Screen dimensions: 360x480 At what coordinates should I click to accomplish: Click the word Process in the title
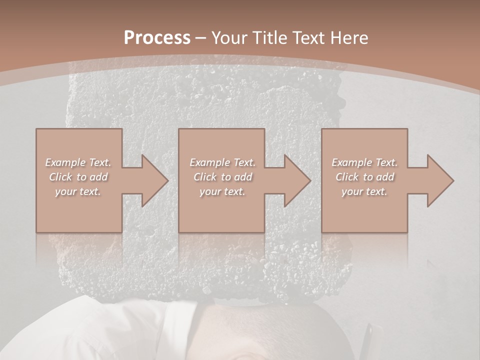(157, 38)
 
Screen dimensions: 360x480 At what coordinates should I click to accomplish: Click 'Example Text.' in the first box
(78, 162)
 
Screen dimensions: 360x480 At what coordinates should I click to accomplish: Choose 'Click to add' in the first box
(78, 177)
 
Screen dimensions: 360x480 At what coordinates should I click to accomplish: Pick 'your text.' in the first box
(78, 191)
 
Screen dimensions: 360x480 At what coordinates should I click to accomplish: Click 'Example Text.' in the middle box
(222, 162)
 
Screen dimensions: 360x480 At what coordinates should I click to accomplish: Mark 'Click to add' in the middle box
(222, 177)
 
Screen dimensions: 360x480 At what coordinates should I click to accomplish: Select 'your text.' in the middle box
(222, 191)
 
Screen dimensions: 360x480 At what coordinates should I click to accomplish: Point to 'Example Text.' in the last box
(364, 162)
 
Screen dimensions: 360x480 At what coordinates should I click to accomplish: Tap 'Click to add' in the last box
(364, 177)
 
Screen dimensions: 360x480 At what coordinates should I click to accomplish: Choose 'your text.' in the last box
(364, 191)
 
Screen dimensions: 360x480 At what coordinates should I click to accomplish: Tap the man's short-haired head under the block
(270, 325)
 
